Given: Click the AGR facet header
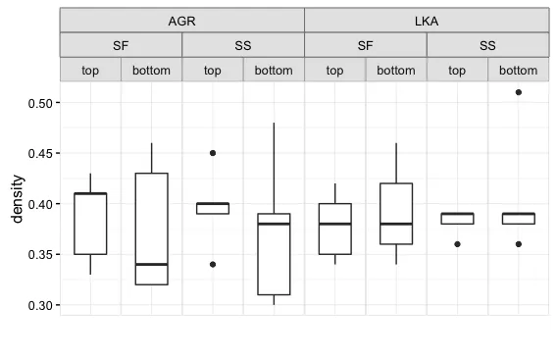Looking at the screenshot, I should pyautogui.click(x=182, y=21).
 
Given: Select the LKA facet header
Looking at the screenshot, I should pyautogui.click(x=427, y=21).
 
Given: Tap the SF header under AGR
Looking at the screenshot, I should pyautogui.click(x=122, y=45).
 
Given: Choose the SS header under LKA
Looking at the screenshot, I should pyautogui.click(x=487, y=45).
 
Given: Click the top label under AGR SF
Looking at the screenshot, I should pyautogui.click(x=91, y=70).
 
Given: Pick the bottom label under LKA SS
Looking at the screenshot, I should pyautogui.click(x=518, y=70).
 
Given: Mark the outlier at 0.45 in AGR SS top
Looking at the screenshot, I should pyautogui.click(x=213, y=153).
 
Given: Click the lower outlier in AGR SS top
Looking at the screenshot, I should pyautogui.click(x=213, y=264).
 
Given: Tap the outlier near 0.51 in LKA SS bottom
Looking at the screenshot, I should pyautogui.click(x=518, y=92).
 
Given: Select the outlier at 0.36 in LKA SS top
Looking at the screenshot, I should pyautogui.click(x=457, y=244).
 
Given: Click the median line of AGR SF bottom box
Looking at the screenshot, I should pyautogui.click(x=152, y=264).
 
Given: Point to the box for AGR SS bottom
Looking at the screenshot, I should pyautogui.click(x=274, y=255).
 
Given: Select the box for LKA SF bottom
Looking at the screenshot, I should pyautogui.click(x=396, y=214).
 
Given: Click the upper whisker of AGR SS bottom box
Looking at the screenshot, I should pyautogui.click(x=274, y=167).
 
